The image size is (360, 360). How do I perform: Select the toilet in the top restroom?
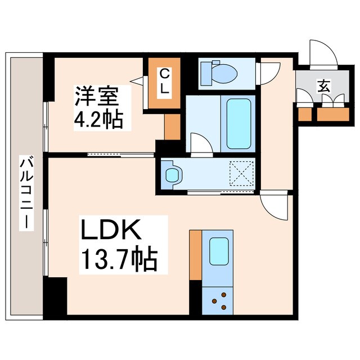219,72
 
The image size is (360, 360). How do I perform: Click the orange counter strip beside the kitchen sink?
195,254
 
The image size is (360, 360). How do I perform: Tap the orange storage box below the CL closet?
171,127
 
